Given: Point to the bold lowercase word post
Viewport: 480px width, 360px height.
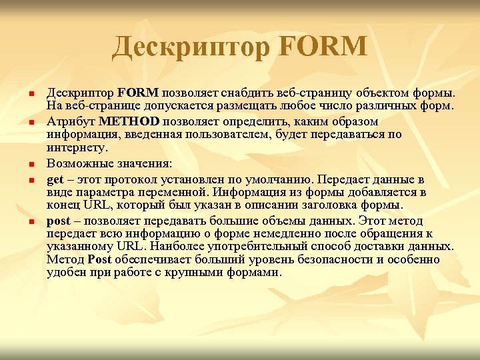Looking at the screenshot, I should coord(59,221).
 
